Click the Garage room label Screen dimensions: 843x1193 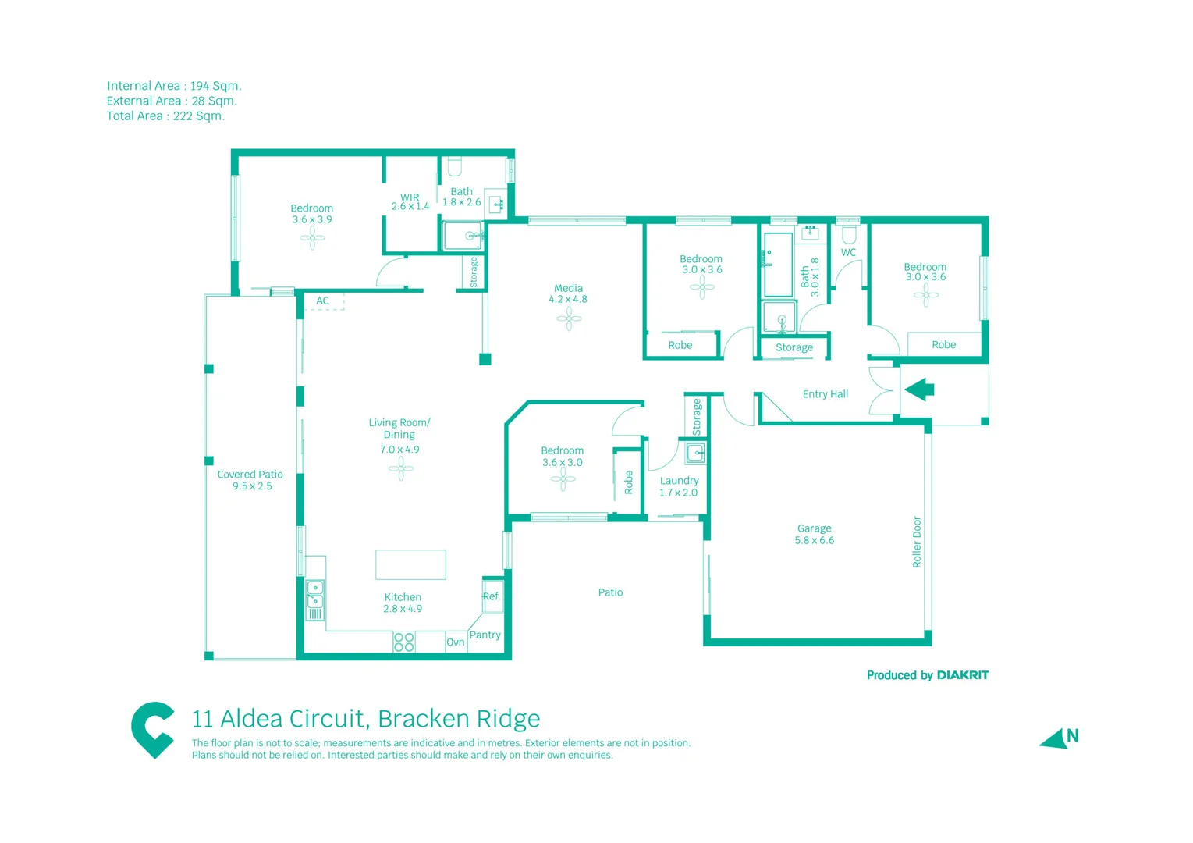click(x=814, y=528)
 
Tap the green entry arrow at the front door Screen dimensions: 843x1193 click(x=919, y=389)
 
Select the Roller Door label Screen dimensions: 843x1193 click(x=917, y=542)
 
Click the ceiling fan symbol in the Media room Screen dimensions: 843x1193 click(x=569, y=318)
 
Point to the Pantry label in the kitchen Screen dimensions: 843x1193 click(x=485, y=635)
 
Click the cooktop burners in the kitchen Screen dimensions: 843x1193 click(x=403, y=642)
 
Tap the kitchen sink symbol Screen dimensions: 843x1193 click(x=314, y=594)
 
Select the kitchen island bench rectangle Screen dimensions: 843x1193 click(x=410, y=564)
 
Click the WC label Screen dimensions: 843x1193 click(x=848, y=252)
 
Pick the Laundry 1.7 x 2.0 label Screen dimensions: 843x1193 click(x=679, y=486)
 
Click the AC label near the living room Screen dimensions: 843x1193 click(x=322, y=301)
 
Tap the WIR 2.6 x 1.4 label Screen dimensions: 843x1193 click(x=410, y=201)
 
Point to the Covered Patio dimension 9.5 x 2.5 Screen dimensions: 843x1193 click(x=252, y=486)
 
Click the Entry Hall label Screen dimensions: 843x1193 click(x=825, y=394)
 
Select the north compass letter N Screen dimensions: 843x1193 click(x=1073, y=735)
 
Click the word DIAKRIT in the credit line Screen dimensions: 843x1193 click(x=962, y=675)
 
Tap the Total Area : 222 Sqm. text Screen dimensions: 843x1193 click(x=165, y=116)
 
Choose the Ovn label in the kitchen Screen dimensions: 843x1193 click(x=456, y=642)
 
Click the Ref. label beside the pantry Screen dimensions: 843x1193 click(x=491, y=596)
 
